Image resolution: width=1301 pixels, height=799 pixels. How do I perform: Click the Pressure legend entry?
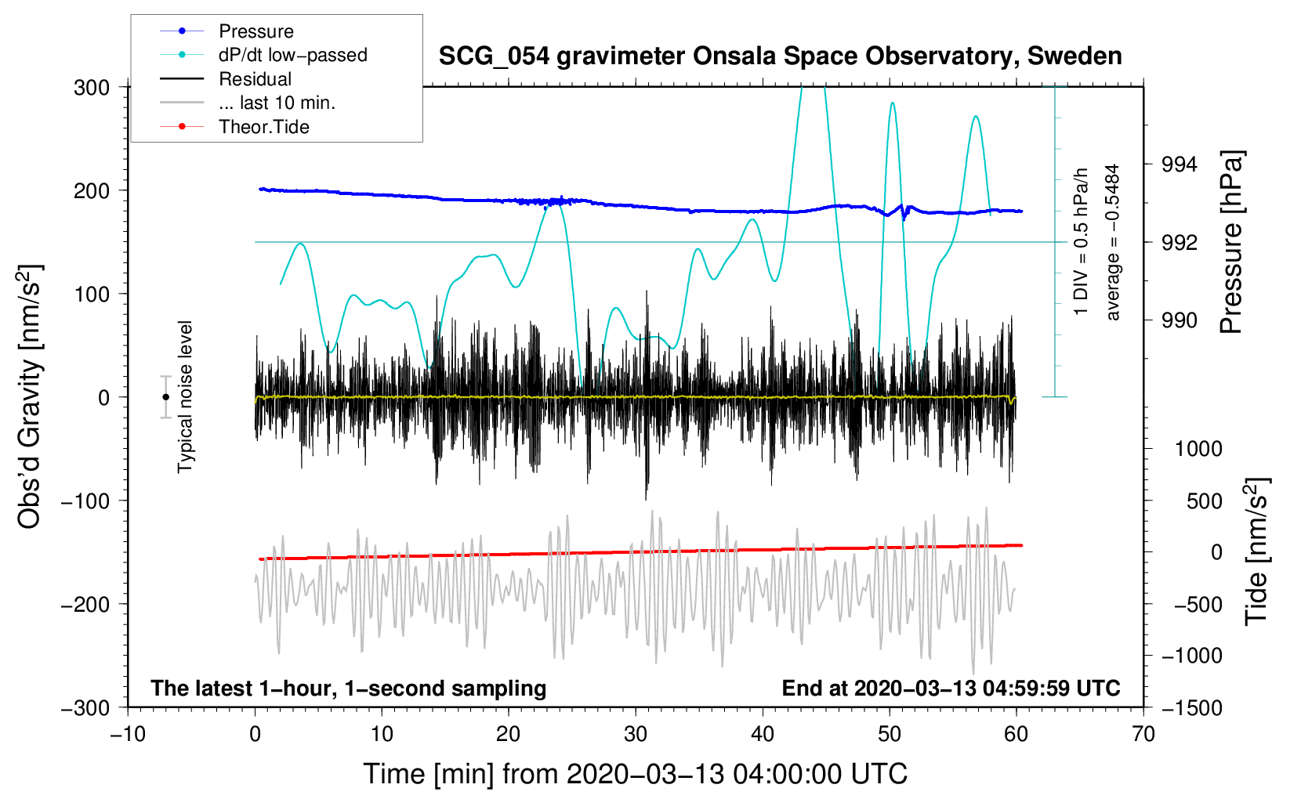tap(255, 31)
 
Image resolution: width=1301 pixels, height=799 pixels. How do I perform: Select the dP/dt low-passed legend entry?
tap(292, 55)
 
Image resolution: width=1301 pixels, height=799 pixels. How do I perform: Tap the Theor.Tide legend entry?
tap(263, 127)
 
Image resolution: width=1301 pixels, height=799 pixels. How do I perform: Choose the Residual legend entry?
tap(255, 79)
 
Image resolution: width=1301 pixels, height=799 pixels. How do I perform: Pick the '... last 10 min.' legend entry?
tap(277, 103)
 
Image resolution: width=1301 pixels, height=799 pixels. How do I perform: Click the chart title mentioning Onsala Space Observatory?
tap(780, 56)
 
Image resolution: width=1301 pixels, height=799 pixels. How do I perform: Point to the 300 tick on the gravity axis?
tap(92, 87)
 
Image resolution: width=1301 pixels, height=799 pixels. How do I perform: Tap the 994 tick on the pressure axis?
tap(1180, 164)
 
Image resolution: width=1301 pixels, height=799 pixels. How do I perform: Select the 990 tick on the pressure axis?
tap(1180, 320)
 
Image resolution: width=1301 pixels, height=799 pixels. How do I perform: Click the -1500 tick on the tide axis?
tap(1192, 707)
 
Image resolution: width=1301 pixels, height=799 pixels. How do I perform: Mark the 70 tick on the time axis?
tap(1143, 734)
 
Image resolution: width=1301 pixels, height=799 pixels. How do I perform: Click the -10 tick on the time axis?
tap(128, 734)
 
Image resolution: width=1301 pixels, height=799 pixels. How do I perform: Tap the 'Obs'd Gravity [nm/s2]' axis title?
tap(30, 397)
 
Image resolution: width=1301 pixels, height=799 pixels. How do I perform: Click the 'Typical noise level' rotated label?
tap(185, 396)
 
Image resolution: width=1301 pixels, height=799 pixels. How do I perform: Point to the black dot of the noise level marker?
tap(165, 397)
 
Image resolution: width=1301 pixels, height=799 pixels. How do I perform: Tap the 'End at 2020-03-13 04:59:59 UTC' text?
tap(951, 688)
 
